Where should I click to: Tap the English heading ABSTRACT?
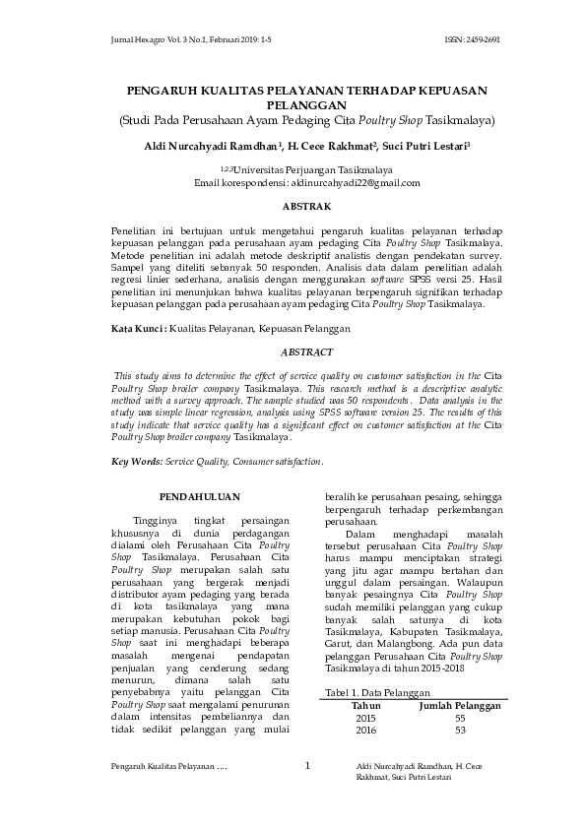click(306, 351)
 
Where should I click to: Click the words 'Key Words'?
click(137, 461)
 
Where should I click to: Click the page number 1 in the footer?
click(307, 766)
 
